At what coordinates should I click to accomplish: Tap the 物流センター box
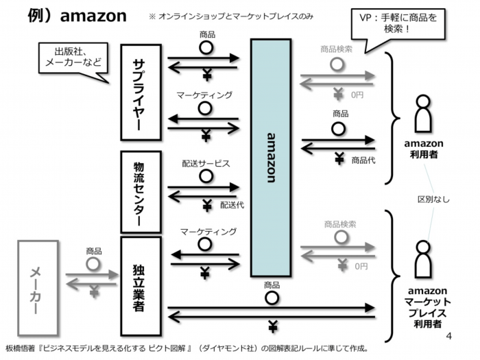141,192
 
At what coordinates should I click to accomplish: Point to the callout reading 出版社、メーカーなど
72,58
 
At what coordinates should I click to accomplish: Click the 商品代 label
363,160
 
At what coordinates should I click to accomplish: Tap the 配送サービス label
206,164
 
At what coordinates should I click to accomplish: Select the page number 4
450,336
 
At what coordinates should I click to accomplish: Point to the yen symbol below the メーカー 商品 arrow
95,292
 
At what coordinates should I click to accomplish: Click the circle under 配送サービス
205,176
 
